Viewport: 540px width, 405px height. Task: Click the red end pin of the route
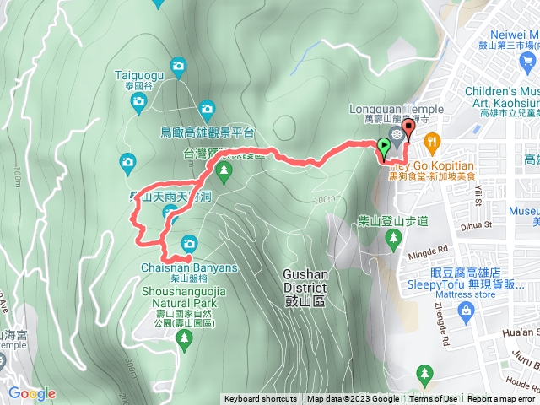click(409, 129)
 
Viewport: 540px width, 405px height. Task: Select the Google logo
click(32, 393)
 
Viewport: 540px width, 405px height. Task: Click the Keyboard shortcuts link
click(260, 399)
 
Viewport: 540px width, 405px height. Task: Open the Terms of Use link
click(435, 399)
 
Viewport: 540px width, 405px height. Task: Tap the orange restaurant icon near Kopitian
click(432, 140)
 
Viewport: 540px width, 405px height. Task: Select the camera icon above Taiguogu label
click(177, 65)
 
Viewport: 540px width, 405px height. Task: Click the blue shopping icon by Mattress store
click(466, 310)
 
